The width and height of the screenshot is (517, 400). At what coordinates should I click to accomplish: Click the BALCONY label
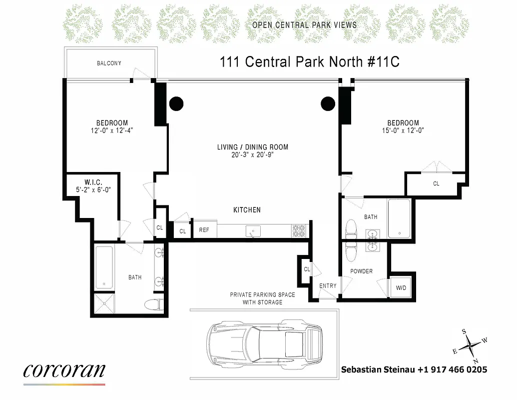[x=109, y=63]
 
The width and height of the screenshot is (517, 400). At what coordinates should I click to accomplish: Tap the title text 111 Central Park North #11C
[x=310, y=62]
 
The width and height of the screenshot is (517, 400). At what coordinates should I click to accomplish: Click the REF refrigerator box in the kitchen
[x=204, y=230]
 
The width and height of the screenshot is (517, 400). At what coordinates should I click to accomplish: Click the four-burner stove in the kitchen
[x=299, y=230]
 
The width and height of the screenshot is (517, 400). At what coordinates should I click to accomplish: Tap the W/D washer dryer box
[x=401, y=288]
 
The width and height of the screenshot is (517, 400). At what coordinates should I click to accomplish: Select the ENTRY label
[x=328, y=286]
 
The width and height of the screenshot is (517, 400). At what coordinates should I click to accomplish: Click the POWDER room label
[x=361, y=271]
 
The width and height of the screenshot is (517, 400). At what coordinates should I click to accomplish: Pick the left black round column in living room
[x=176, y=103]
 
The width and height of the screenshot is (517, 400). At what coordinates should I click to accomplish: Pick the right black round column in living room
[x=328, y=103]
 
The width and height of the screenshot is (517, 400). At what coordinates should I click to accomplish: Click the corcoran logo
[x=64, y=370]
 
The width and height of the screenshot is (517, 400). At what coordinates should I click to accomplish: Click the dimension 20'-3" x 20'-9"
[x=252, y=154]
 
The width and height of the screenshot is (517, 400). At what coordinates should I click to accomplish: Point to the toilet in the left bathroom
[x=152, y=303]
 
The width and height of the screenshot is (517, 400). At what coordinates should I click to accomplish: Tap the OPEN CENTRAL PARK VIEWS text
[x=304, y=25]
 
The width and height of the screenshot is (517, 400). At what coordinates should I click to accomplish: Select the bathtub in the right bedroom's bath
[x=399, y=218]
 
